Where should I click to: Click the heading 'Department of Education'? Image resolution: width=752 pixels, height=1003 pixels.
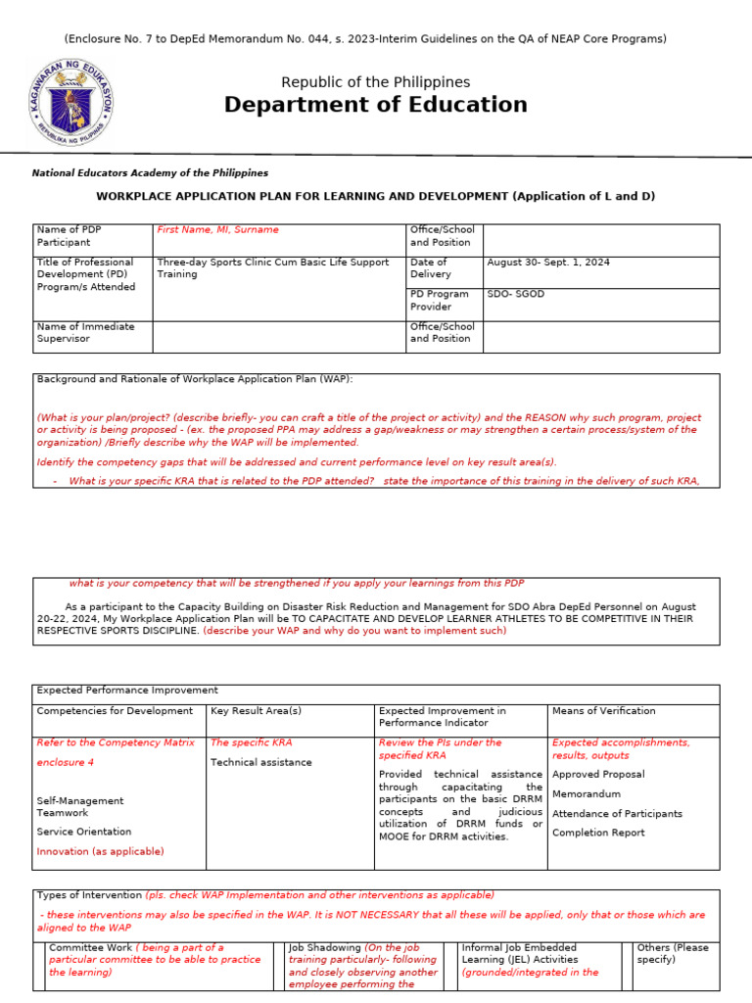click(x=375, y=105)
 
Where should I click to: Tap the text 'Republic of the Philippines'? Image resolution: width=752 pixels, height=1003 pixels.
click(x=375, y=82)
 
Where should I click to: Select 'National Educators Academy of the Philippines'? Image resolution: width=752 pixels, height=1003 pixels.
click(x=150, y=173)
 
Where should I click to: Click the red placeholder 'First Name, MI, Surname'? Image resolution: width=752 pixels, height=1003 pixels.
click(x=217, y=230)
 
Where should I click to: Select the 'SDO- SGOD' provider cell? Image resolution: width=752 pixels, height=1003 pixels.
click(x=517, y=294)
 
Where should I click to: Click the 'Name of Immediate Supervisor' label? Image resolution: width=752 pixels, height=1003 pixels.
click(x=85, y=332)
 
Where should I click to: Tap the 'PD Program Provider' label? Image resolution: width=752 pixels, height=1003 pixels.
click(x=440, y=300)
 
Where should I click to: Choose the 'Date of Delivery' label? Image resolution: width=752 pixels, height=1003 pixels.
click(x=429, y=268)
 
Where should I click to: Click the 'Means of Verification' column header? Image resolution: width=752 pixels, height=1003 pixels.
click(x=603, y=711)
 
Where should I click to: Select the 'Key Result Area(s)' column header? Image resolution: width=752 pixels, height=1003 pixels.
click(x=256, y=711)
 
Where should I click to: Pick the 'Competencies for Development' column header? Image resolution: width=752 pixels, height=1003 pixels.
click(x=115, y=711)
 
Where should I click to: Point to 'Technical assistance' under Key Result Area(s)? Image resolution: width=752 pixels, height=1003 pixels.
click(x=261, y=762)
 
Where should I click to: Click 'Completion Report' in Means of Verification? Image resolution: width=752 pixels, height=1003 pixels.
click(x=598, y=833)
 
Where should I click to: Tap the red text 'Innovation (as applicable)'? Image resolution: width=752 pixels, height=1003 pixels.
click(x=100, y=851)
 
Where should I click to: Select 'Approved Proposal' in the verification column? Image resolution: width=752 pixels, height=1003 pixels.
click(x=598, y=774)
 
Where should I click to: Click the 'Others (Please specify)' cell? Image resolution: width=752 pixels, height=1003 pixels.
click(x=673, y=954)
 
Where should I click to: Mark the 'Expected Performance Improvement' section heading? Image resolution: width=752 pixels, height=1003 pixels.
click(x=127, y=691)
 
